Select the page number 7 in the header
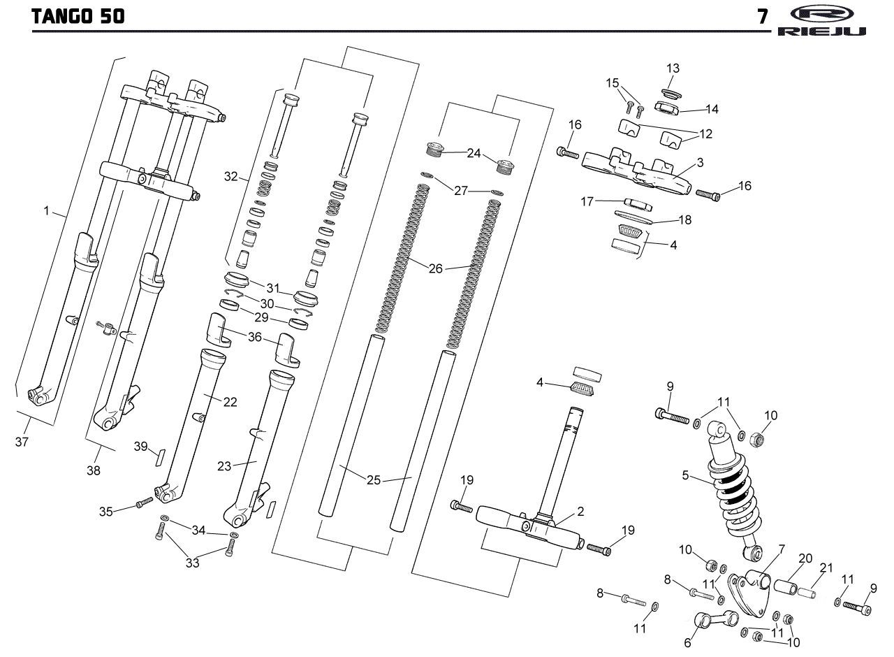[763, 17]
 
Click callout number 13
[673, 68]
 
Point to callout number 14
[712, 109]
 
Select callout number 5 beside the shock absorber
[686, 476]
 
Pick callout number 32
[231, 177]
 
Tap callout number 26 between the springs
[435, 268]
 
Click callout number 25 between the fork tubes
[374, 480]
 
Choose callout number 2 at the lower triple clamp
[580, 511]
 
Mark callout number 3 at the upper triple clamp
[700, 162]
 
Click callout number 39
[141, 447]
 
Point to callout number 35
[105, 512]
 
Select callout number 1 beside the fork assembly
[47, 210]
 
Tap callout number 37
[22, 442]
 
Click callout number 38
[93, 470]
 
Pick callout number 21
[827, 568]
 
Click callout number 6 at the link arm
[687, 642]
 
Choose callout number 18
[684, 219]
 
